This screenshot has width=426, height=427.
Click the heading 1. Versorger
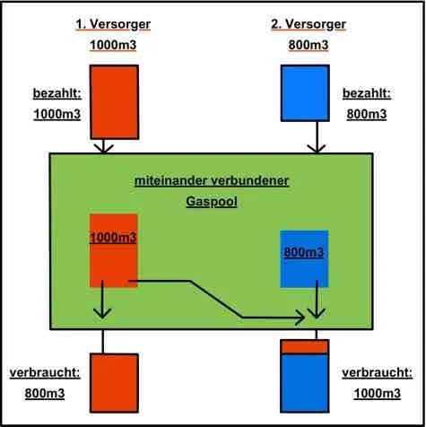point(113,24)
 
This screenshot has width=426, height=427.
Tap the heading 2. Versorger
point(309,24)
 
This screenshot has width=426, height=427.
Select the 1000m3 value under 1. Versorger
point(113,45)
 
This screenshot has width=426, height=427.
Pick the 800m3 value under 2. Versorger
point(309,45)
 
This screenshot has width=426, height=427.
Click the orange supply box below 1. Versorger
point(114,102)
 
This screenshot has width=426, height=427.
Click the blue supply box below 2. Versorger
point(305,93)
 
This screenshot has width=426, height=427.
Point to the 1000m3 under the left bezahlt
point(57,114)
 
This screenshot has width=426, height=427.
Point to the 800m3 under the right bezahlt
point(367,114)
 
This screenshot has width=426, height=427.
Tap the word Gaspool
point(212,202)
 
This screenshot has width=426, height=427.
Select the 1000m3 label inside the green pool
point(113,238)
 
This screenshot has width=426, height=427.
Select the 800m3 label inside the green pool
point(304,252)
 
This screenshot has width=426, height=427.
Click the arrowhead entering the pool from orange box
point(103,148)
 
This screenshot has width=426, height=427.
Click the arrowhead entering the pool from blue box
point(317,148)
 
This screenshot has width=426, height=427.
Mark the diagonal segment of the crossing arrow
point(215,299)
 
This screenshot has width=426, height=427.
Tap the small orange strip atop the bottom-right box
point(305,346)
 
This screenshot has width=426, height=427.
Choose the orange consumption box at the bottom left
point(114,383)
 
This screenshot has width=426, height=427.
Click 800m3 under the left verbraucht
point(45,394)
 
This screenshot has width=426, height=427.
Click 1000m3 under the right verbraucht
point(378,394)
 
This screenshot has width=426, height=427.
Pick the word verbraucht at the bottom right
point(378,373)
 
